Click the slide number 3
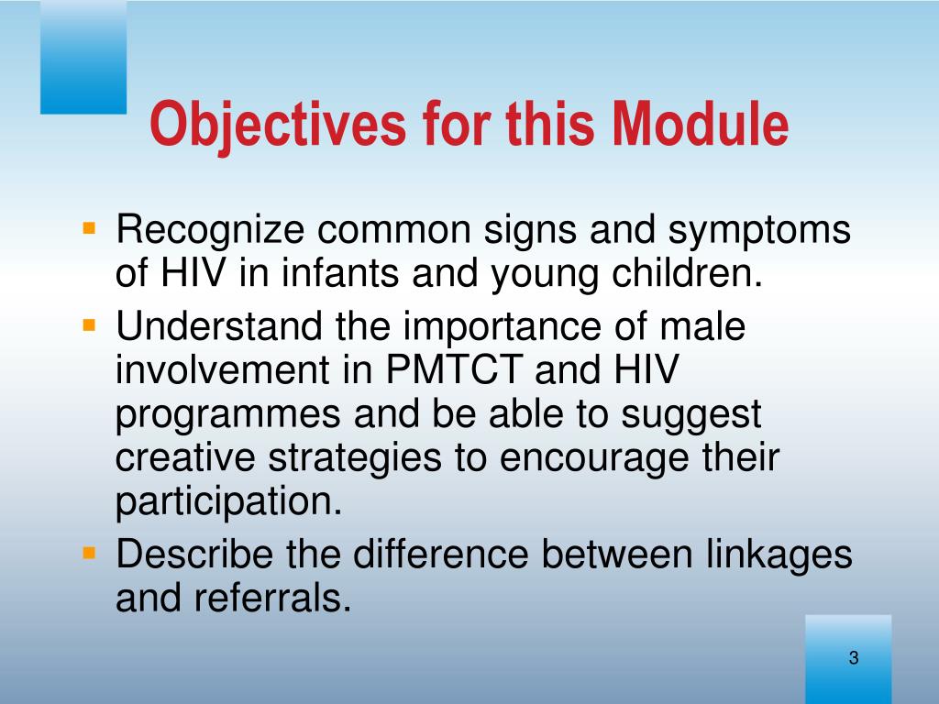click(854, 657)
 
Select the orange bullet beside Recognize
click(89, 228)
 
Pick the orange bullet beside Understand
click(89, 325)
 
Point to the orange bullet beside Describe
click(89, 553)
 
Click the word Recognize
click(210, 231)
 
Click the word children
click(687, 273)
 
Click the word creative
click(185, 458)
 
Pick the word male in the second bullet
click(702, 326)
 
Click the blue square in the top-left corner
click(83, 57)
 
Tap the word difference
click(441, 554)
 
